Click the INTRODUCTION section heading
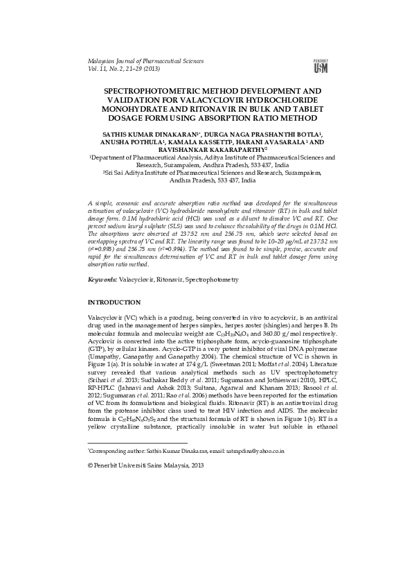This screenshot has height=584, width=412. tap(114, 302)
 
